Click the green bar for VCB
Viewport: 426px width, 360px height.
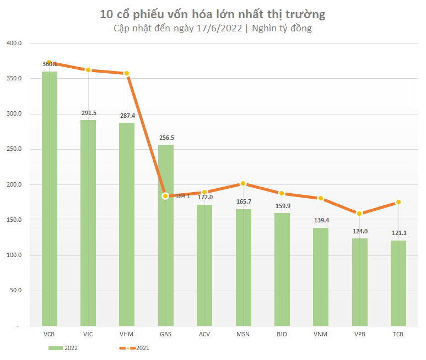pyautogui.click(x=50, y=198)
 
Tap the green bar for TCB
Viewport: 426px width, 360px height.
pyautogui.click(x=398, y=283)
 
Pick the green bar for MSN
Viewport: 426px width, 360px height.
pyautogui.click(x=244, y=267)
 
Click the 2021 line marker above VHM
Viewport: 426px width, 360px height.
pyautogui.click(x=126, y=73)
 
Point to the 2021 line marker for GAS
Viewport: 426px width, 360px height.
pyautogui.click(x=165, y=196)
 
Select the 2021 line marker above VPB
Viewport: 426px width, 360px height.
pyautogui.click(x=359, y=214)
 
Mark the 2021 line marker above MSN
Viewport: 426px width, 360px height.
pyautogui.click(x=243, y=184)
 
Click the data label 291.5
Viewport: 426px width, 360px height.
pyautogui.click(x=88, y=113)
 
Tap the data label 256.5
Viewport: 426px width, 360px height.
pyautogui.click(x=166, y=138)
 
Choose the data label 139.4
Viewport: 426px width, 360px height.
pyautogui.click(x=321, y=221)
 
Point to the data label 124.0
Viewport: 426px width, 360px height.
pyautogui.click(x=359, y=231)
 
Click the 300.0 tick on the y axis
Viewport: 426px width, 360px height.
pyautogui.click(x=14, y=114)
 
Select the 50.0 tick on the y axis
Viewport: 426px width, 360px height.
pyautogui.click(x=15, y=291)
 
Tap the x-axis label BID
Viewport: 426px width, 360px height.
pyautogui.click(x=282, y=334)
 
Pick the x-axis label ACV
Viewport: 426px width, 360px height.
pyautogui.click(x=204, y=334)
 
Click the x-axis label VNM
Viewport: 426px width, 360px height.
pyautogui.click(x=321, y=334)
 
